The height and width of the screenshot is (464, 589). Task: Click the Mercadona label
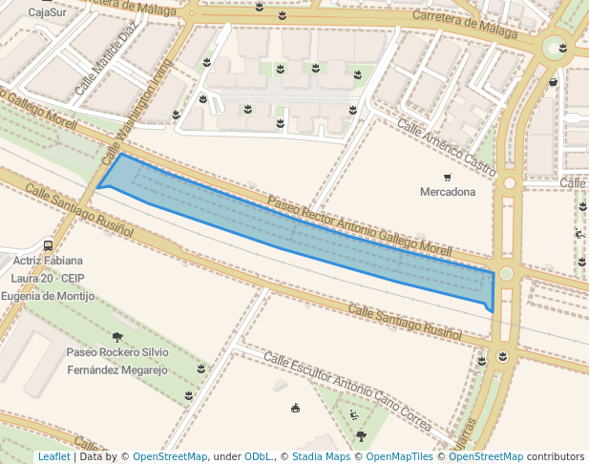[448, 192]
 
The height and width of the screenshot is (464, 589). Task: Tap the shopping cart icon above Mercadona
[447, 178]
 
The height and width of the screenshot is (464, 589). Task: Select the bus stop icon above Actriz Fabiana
[48, 245]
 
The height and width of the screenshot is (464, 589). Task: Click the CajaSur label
[48, 13]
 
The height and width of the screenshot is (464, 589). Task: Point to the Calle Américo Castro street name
[447, 148]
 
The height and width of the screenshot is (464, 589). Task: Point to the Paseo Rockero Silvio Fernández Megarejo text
[116, 361]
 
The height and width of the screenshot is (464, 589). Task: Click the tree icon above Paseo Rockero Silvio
[117, 337]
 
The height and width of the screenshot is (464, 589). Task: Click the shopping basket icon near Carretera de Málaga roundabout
[554, 82]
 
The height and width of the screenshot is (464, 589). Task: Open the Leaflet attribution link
[53, 456]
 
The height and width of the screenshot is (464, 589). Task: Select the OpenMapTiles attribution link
[400, 456]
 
